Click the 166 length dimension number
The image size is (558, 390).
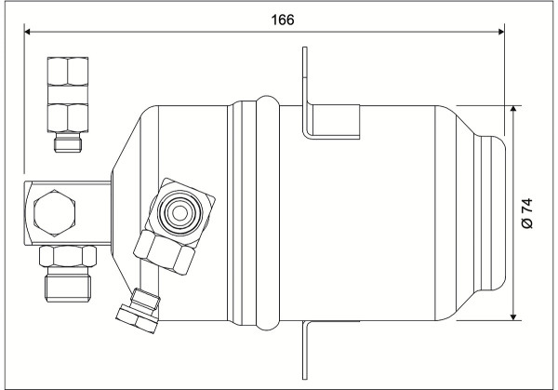(283, 20)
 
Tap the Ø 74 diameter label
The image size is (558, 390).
(527, 213)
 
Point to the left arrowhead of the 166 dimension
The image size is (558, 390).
(27, 32)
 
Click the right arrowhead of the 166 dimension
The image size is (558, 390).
(501, 32)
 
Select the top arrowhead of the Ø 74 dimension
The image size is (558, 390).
(512, 109)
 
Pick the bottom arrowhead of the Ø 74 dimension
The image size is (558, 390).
(512, 317)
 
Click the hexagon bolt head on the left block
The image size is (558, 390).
(54, 213)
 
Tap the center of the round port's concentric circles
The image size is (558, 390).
(179, 213)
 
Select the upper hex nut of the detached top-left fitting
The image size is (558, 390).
(68, 72)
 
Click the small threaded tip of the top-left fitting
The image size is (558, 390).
(68, 144)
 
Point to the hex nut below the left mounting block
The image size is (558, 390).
(68, 256)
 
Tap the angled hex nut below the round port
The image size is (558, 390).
(164, 252)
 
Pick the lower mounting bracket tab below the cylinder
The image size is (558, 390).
(305, 350)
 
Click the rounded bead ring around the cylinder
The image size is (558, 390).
(268, 213)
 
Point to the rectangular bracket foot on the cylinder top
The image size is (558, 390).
(333, 121)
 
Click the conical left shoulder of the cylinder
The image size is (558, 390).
(126, 213)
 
